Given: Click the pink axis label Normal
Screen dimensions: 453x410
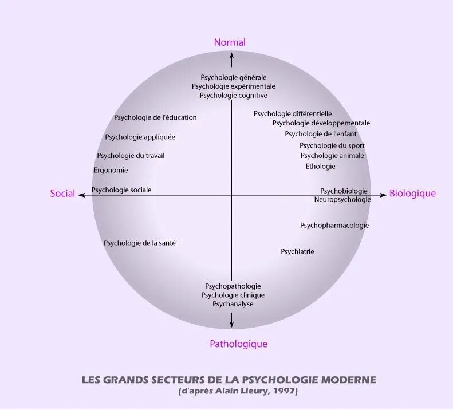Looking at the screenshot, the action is pyautogui.click(x=230, y=42).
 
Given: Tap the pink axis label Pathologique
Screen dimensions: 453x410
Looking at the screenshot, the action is pyautogui.click(x=238, y=344).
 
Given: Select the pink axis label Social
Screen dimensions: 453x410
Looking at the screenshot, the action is pyautogui.click(x=62, y=194).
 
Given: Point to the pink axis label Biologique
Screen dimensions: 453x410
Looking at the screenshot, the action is pyautogui.click(x=412, y=194).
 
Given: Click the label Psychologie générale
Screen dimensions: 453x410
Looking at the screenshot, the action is pyautogui.click(x=234, y=77).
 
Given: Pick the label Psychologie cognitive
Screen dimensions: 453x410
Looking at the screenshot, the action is pyautogui.click(x=234, y=96).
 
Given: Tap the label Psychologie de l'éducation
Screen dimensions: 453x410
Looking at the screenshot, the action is pyautogui.click(x=155, y=117).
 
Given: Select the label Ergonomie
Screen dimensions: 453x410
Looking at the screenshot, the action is pyautogui.click(x=111, y=170).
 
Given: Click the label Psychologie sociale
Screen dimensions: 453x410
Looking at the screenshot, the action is pyautogui.click(x=121, y=190).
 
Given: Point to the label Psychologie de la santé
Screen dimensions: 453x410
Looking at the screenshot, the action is pyautogui.click(x=140, y=243).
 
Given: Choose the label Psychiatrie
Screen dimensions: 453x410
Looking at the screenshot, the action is pyautogui.click(x=297, y=251).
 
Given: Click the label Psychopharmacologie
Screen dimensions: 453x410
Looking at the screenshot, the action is pyautogui.click(x=334, y=225).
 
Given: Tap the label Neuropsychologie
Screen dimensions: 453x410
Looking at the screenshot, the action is pyautogui.click(x=342, y=199).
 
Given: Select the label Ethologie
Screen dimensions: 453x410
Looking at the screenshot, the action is pyautogui.click(x=320, y=166).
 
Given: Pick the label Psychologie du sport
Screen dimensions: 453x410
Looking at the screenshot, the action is pyautogui.click(x=332, y=145).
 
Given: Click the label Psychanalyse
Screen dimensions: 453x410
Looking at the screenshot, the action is pyautogui.click(x=233, y=304).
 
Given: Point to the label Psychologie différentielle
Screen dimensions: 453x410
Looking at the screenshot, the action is pyautogui.click(x=293, y=113).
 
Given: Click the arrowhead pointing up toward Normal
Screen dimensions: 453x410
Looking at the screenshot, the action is pyautogui.click(x=231, y=56).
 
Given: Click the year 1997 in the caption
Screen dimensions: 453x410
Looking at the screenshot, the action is pyautogui.click(x=284, y=391).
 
